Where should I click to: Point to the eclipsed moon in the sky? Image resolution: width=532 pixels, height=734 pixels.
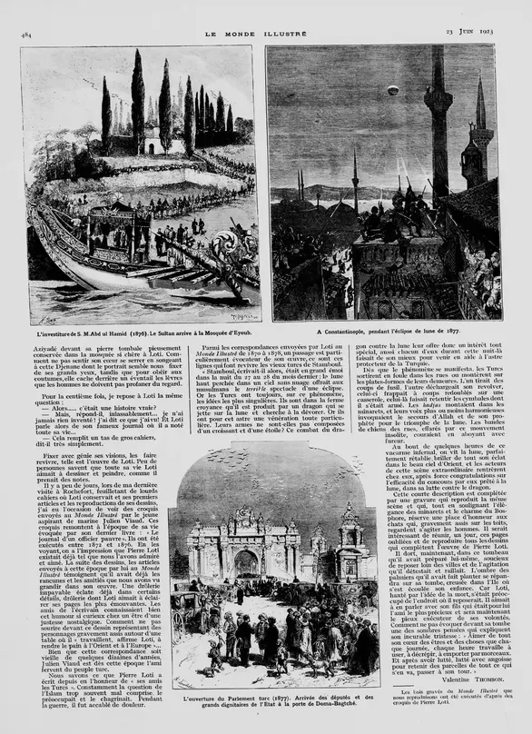tap(392, 90)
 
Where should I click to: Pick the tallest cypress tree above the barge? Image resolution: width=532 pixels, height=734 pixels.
tap(137, 104)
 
